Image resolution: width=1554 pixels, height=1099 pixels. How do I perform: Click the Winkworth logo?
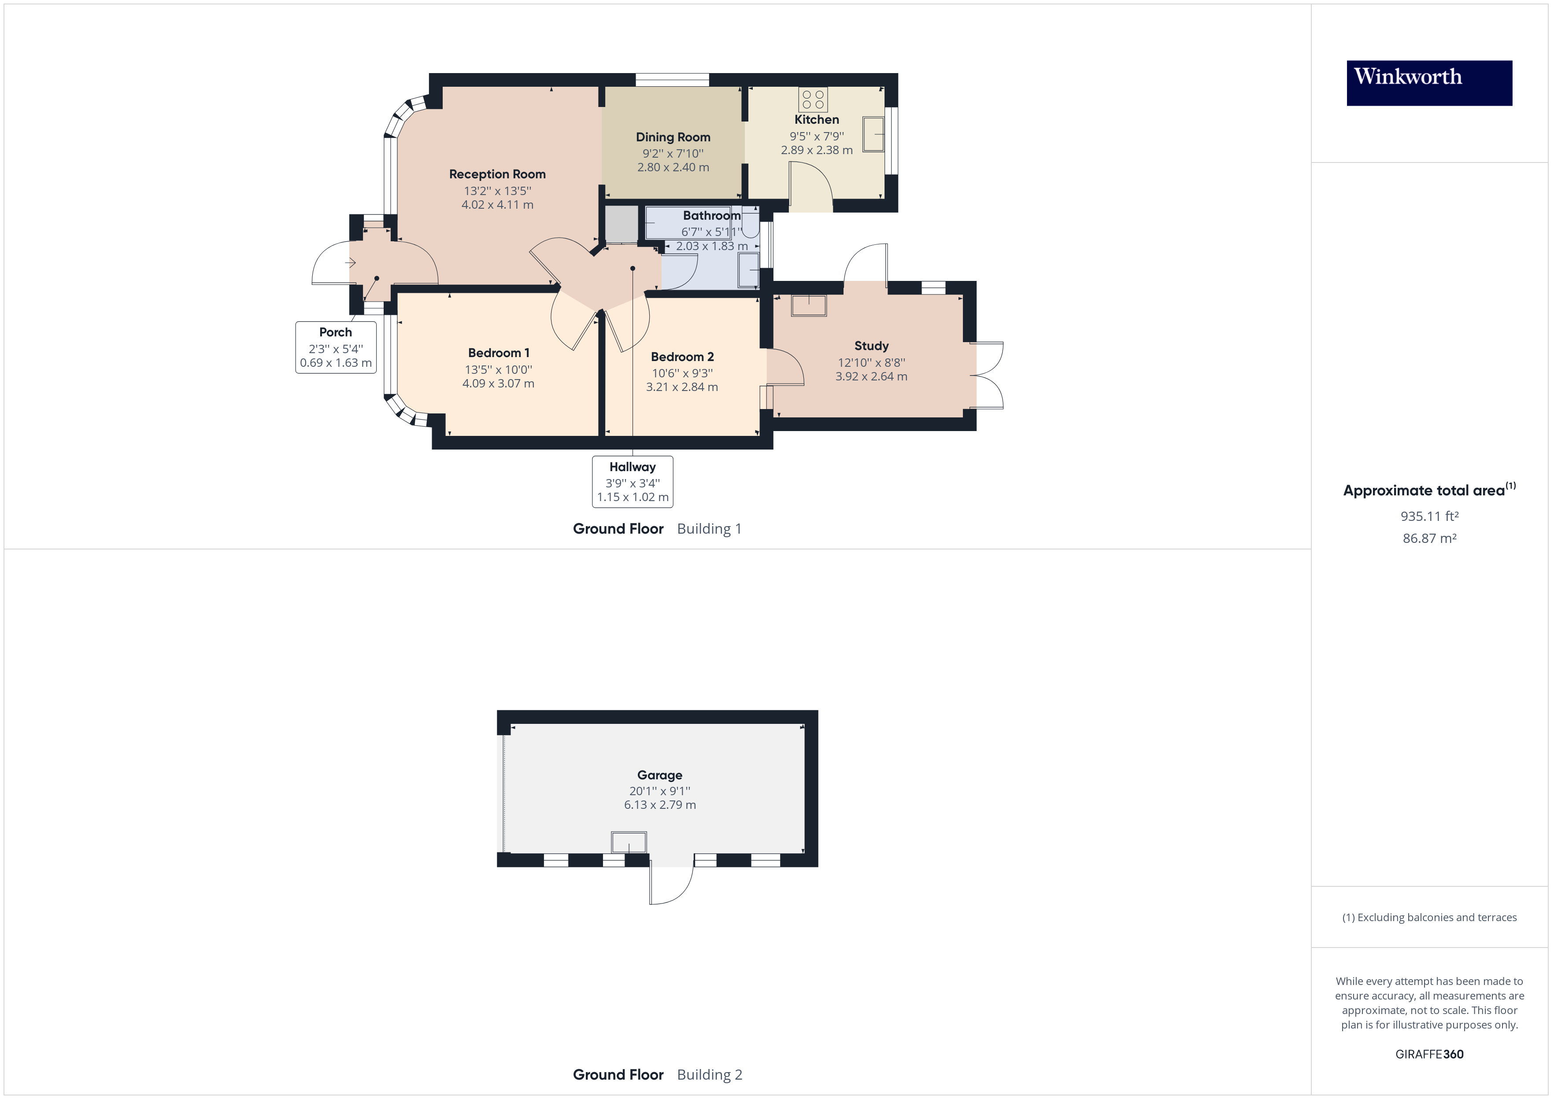tap(1429, 83)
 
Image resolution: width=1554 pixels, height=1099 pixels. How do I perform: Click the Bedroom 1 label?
tap(499, 353)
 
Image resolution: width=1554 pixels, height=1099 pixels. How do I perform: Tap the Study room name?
tap(871, 346)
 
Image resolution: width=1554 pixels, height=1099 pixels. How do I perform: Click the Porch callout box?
tap(336, 347)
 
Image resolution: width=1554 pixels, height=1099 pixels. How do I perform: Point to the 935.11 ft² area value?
tap(1429, 516)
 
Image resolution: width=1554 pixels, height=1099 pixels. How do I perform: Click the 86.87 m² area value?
tap(1429, 538)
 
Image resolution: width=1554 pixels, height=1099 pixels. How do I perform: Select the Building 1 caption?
tap(709, 529)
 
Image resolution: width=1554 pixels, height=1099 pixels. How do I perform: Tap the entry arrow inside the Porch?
tap(351, 262)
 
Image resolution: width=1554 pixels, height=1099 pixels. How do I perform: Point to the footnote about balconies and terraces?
tap(1429, 918)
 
